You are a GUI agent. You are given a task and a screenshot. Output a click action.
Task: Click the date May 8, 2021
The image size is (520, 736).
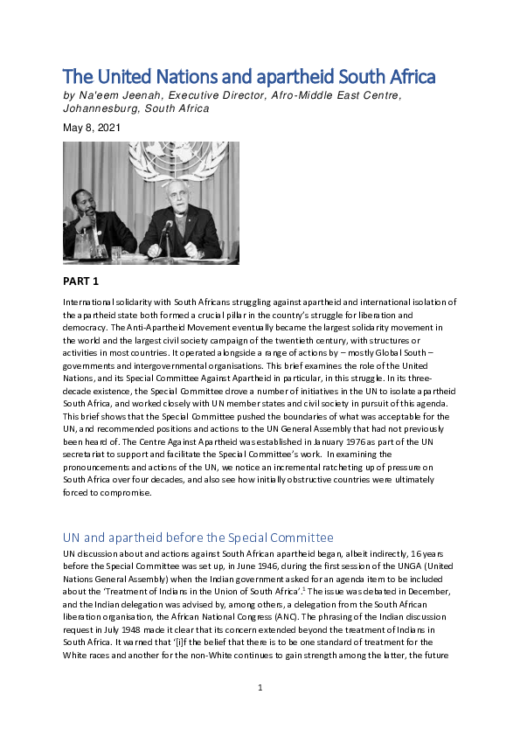(92, 128)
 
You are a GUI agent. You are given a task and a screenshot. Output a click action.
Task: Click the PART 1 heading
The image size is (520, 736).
(81, 282)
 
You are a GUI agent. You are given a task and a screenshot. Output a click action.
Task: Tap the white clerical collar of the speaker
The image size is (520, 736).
(179, 211)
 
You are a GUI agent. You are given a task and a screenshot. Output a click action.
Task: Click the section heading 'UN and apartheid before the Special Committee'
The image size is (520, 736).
(198, 537)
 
